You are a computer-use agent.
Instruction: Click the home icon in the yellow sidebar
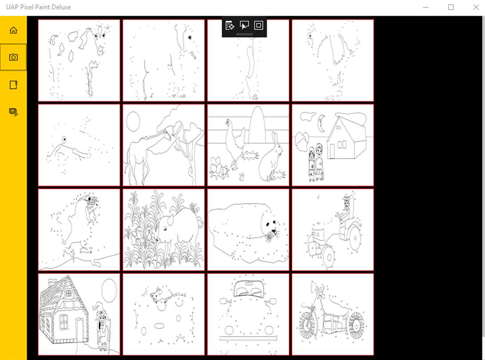point(13,30)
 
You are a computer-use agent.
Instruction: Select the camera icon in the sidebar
point(13,57)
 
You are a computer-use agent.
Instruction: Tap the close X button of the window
point(476,7)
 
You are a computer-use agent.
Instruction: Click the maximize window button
point(451,7)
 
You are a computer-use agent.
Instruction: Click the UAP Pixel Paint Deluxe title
point(38,7)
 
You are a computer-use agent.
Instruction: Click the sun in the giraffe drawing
point(133,121)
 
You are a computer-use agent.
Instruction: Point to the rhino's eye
point(165,229)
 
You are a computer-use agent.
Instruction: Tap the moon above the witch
point(109,290)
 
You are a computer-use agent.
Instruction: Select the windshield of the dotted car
point(249,288)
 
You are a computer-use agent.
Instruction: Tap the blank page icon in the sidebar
point(13,84)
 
